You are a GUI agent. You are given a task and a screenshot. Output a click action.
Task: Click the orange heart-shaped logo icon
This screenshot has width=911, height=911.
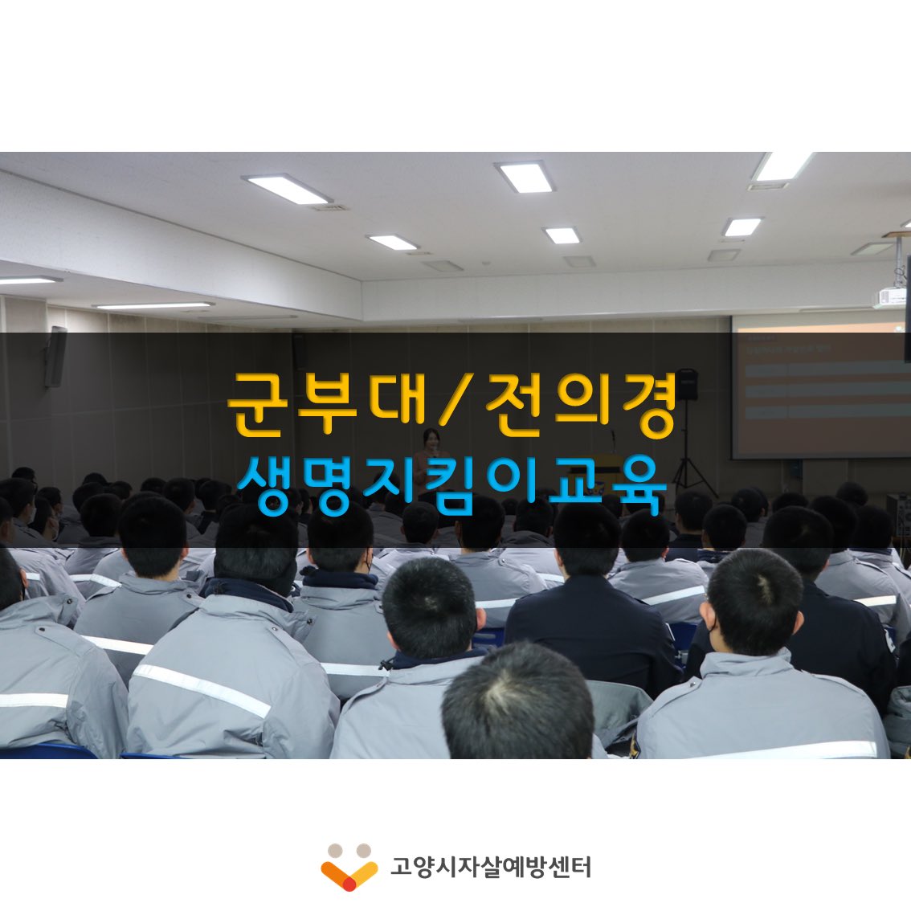pyautogui.click(x=349, y=868)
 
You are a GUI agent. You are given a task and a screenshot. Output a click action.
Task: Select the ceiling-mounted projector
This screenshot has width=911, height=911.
pyautogui.click(x=890, y=297)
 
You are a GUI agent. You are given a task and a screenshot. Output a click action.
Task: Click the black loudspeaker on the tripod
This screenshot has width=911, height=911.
pyautogui.click(x=685, y=384)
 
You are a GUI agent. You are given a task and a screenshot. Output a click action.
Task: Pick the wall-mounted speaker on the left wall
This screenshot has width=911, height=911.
pyautogui.click(x=55, y=357)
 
